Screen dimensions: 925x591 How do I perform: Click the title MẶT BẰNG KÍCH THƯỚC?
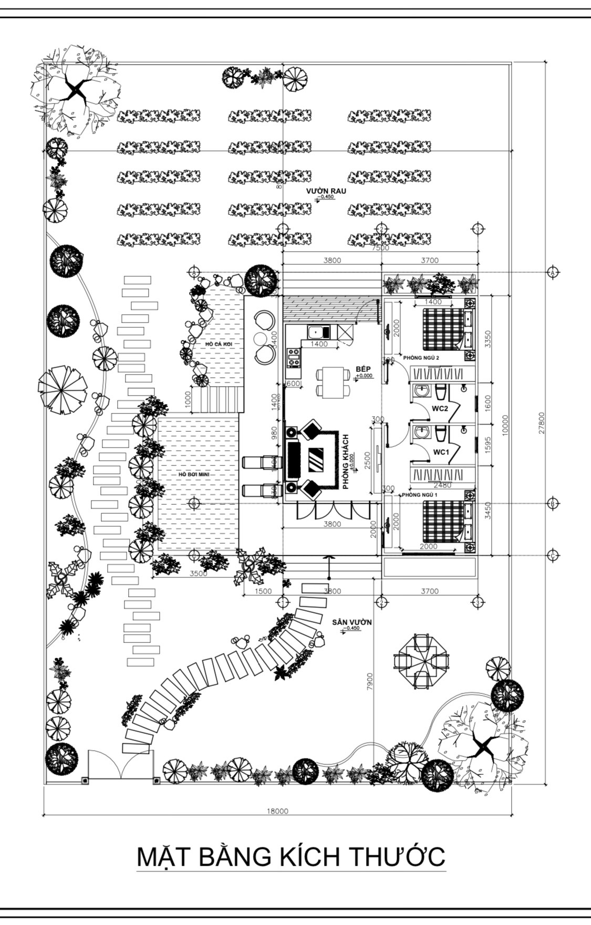pyautogui.click(x=291, y=856)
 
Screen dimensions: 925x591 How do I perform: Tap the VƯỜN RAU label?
pyautogui.click(x=326, y=191)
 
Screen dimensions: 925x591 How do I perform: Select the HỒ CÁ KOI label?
pyautogui.click(x=219, y=344)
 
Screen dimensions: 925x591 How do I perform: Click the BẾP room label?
pyautogui.click(x=363, y=369)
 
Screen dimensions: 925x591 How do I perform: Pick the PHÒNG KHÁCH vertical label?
pyautogui.click(x=346, y=462)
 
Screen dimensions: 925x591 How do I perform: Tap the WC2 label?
pyautogui.click(x=440, y=408)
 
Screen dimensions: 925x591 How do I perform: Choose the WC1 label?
pyautogui.click(x=441, y=452)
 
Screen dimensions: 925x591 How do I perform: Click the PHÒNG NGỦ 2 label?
pyautogui.click(x=421, y=358)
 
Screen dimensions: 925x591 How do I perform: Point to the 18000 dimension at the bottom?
pyautogui.click(x=277, y=810)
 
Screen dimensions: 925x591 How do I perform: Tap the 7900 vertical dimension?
pyautogui.click(x=370, y=683)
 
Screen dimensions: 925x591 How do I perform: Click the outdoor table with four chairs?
pyautogui.click(x=422, y=661)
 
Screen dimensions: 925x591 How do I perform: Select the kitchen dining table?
pyautogui.click(x=333, y=382)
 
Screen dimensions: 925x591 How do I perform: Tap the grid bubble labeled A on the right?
pyautogui.click(x=552, y=272)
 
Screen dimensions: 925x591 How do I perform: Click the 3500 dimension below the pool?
pyautogui.click(x=198, y=574)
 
